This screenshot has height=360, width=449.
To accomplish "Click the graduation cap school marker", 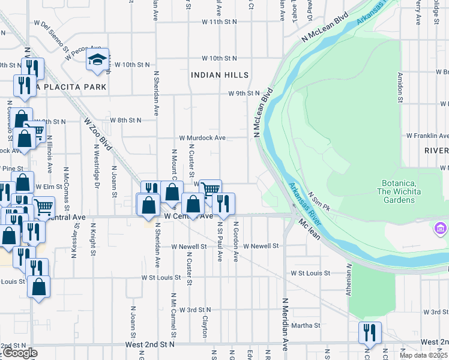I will point(97,59).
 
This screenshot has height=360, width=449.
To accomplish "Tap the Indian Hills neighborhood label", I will point(219,75).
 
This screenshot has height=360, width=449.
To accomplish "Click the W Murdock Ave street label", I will point(202,138).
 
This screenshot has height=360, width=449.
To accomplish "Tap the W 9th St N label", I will point(244,94).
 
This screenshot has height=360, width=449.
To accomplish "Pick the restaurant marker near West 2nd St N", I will point(370,333).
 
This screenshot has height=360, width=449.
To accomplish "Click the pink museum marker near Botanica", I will point(440,229).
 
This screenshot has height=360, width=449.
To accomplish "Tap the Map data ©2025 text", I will point(424,355).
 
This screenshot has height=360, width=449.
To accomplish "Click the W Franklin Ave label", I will point(427,136).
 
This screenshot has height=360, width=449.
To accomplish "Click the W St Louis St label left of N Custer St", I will point(161,278).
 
